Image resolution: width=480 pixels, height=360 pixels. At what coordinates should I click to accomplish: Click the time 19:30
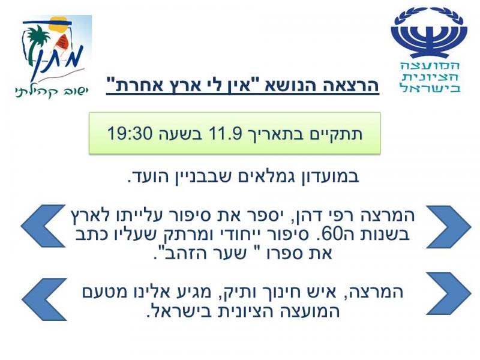(x=130, y=133)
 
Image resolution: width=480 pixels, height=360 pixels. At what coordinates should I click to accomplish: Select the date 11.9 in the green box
(x=226, y=133)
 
